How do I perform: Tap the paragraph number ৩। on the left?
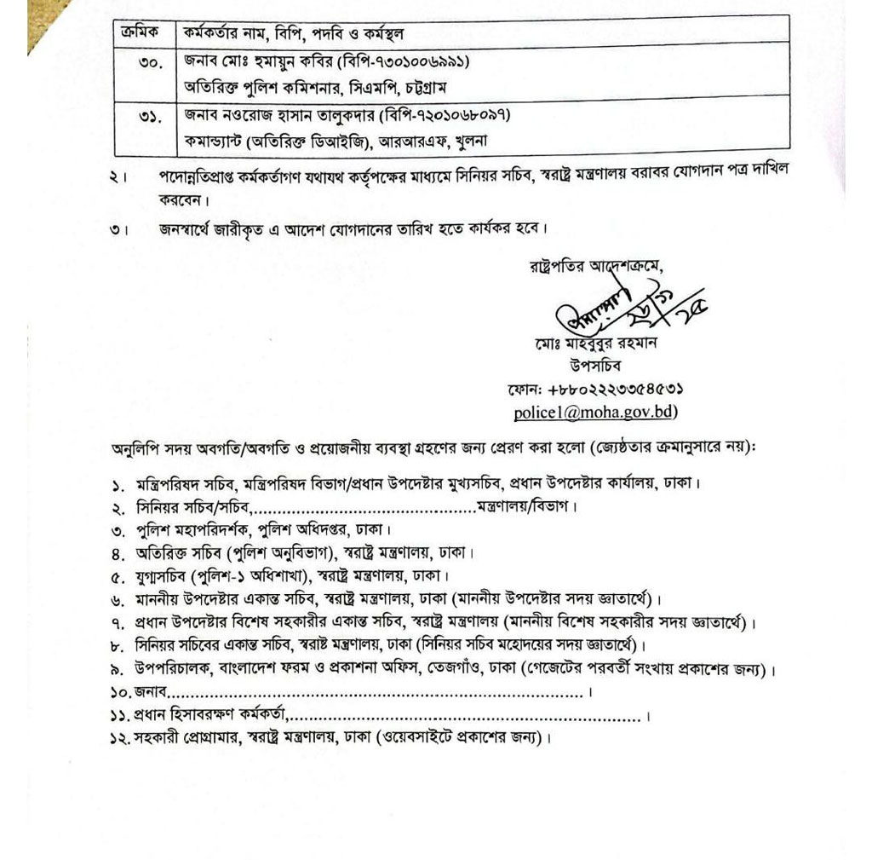coord(119,228)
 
